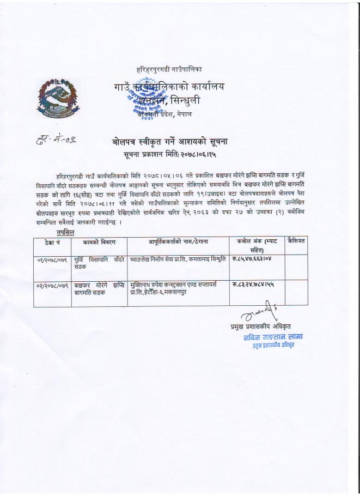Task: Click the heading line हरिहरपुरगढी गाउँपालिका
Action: tap(169, 70)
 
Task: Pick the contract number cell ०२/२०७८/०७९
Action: tap(50, 285)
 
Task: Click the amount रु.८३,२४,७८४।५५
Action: tap(255, 285)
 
